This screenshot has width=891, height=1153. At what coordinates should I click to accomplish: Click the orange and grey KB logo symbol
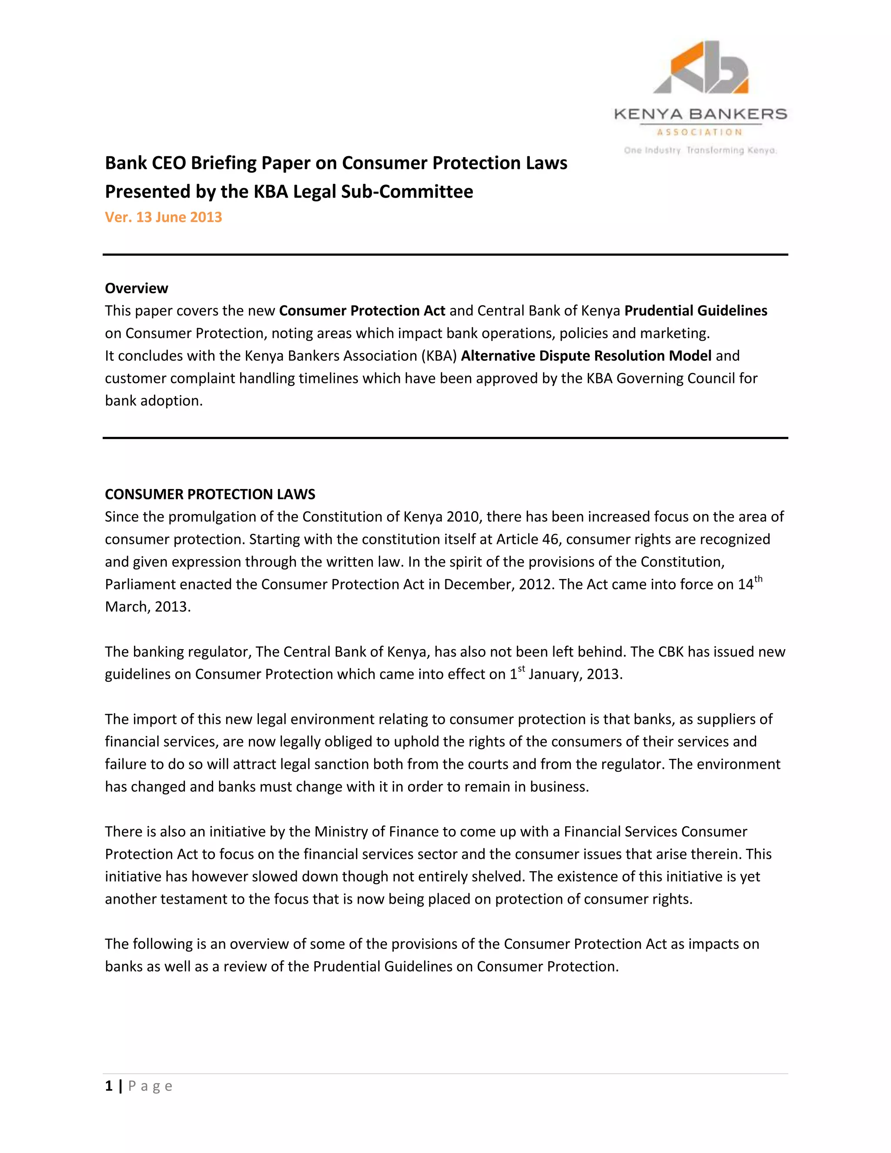[x=700, y=67]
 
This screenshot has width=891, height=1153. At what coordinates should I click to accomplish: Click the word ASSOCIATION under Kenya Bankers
[x=700, y=132]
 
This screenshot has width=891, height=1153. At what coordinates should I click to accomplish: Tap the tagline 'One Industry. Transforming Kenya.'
[x=700, y=151]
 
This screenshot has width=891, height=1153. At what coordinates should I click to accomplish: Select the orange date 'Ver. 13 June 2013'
[x=163, y=217]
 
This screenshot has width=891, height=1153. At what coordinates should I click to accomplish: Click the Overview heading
[x=136, y=288]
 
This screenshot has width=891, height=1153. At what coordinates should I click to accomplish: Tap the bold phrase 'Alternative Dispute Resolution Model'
[x=586, y=356]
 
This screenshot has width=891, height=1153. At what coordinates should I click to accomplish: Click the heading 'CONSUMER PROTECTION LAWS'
[x=210, y=494]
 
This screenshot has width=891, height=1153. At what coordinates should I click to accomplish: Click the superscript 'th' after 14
[x=758, y=579]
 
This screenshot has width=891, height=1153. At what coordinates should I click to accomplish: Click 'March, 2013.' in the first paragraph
[x=148, y=607]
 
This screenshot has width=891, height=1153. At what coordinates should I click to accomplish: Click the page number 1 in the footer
[x=109, y=1086]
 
